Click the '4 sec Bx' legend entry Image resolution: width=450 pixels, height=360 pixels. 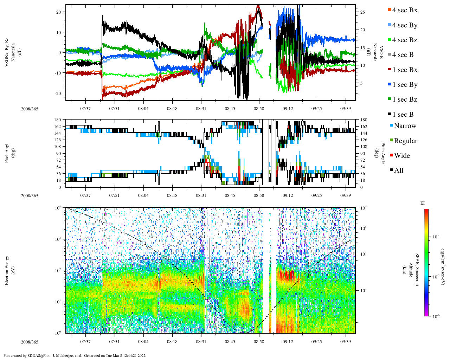click(405, 10)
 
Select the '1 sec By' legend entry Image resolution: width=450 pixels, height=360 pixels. click(405, 85)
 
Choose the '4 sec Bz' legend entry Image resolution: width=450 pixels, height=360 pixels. click(405, 40)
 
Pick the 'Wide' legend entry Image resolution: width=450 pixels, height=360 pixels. click(402, 156)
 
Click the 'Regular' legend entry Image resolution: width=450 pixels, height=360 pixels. click(405, 141)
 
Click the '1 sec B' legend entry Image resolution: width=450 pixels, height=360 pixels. click(403, 115)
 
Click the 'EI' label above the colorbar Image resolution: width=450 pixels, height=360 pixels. click(423, 203)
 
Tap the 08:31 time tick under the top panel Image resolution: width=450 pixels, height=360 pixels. click(201, 109)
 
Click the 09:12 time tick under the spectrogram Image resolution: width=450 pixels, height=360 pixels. click(288, 341)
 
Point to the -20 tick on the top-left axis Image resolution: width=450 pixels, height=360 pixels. click(57, 93)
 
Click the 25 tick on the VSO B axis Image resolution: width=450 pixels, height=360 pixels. click(362, 12)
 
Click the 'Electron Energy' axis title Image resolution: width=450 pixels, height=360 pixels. click(7, 270)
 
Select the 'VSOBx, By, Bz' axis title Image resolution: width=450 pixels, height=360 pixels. click(7, 53)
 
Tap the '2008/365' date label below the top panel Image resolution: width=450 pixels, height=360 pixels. click(30, 109)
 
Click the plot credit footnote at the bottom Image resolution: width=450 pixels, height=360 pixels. click(75, 355)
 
